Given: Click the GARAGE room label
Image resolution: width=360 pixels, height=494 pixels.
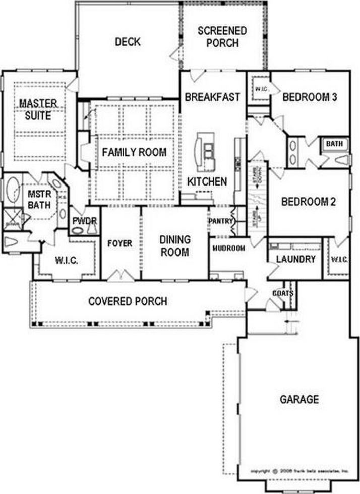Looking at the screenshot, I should click(299, 400).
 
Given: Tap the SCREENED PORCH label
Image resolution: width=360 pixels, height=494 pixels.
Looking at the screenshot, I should click(222, 37).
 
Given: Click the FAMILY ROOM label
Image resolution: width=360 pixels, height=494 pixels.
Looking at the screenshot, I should click(134, 152).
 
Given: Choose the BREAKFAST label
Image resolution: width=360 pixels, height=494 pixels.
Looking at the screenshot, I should click(212, 97).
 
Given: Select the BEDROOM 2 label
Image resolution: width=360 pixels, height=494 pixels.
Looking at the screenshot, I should click(309, 202).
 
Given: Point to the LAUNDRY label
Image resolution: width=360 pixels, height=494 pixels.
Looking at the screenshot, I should click(296, 259).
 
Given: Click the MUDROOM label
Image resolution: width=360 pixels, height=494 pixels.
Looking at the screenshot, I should click(228, 248).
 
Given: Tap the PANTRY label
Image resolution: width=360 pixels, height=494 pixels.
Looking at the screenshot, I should click(220, 221).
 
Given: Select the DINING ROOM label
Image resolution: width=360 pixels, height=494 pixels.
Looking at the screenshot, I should click(174, 245).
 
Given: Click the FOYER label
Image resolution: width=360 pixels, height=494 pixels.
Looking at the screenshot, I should click(120, 243).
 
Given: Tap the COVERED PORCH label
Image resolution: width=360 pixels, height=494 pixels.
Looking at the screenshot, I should click(128, 301).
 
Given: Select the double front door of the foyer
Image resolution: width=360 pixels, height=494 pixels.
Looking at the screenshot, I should click(121, 275).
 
